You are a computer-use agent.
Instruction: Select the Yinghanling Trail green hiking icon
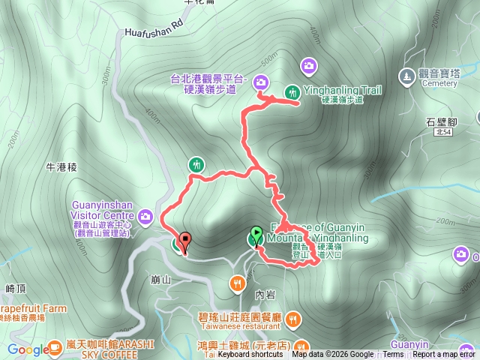pyautogui.click(x=291, y=92)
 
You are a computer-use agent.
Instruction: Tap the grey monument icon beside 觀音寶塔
pyautogui.click(x=406, y=75)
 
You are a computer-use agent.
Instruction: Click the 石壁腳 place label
pyautogui.click(x=441, y=120)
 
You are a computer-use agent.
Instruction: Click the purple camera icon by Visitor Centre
pyautogui.click(x=146, y=217)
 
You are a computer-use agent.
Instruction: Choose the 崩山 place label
pyautogui.click(x=160, y=280)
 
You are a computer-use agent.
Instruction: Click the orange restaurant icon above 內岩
pyautogui.click(x=237, y=283)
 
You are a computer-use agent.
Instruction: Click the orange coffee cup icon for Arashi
pyautogui.click(x=54, y=346)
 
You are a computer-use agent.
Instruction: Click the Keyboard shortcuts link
pyautogui.click(x=250, y=355)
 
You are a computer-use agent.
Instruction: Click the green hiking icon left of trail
pyautogui.click(x=196, y=164)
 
